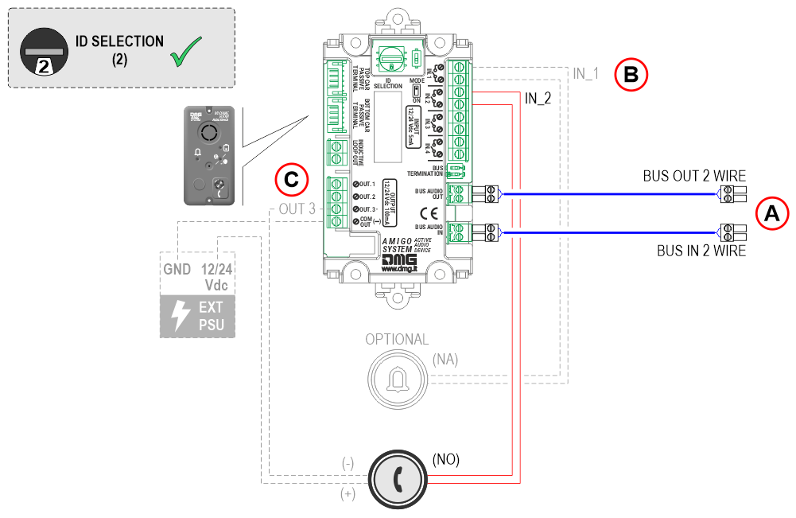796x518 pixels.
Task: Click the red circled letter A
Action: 771,213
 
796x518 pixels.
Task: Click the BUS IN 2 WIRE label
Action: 701,251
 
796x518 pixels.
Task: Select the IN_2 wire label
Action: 538,98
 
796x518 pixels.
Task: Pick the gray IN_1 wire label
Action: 584,75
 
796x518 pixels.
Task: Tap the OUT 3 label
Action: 297,209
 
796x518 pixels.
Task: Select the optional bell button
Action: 396,380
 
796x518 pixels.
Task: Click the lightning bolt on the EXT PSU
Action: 181,316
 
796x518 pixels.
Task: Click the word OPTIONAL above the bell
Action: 396,339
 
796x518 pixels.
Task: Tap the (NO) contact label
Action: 445,460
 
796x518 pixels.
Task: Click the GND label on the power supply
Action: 177,270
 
